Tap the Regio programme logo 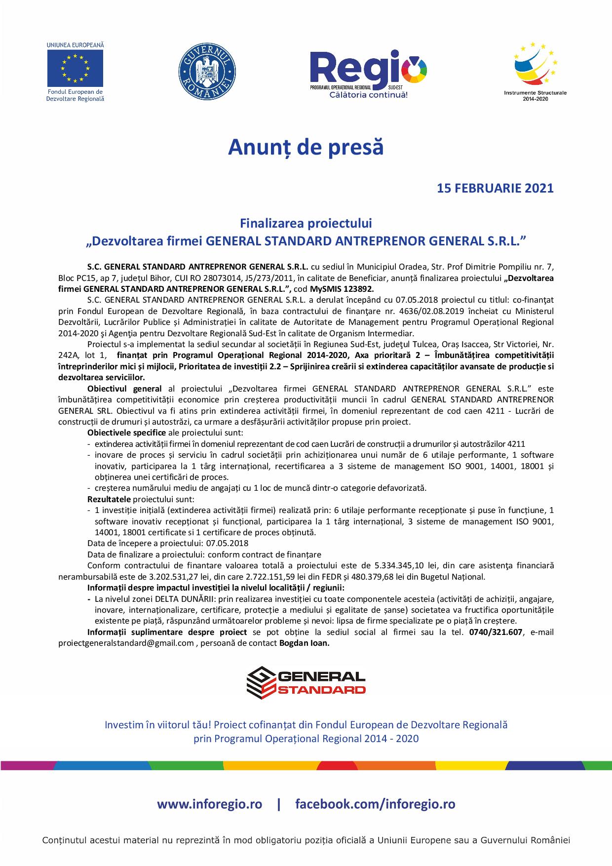coord(368,72)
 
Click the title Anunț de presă coord(306,147)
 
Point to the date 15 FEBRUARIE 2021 coord(495,188)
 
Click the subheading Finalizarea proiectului coord(306,223)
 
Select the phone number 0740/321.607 coord(495,632)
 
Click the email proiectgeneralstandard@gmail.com coord(126,643)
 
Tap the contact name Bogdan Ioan coord(304,643)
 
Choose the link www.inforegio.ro coord(209,804)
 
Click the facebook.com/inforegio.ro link coord(375,804)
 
